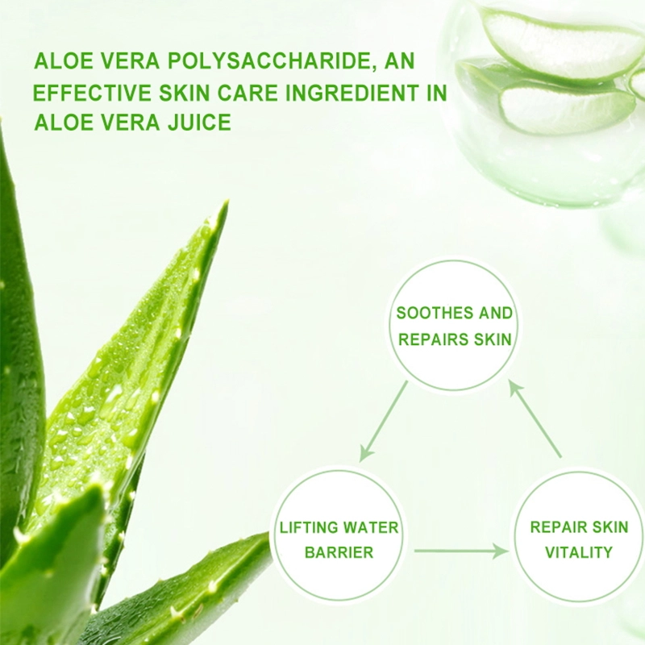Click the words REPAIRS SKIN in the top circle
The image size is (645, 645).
pos(455,339)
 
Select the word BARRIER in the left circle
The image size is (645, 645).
pos(339,552)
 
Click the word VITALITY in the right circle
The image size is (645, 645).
pos(579,552)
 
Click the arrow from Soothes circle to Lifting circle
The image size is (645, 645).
pos(384,421)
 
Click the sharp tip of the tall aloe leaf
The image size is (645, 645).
pos(227,202)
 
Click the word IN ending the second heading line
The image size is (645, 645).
pos(437,92)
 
